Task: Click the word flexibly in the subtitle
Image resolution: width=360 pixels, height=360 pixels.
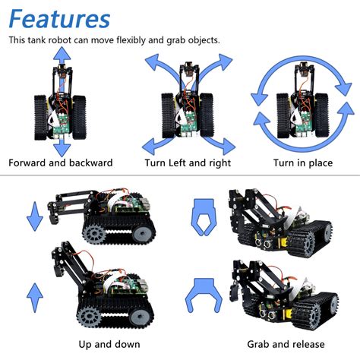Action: (144, 40)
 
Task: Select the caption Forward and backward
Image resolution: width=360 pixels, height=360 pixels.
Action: (61, 163)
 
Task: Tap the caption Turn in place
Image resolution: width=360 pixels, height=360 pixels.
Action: (304, 163)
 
